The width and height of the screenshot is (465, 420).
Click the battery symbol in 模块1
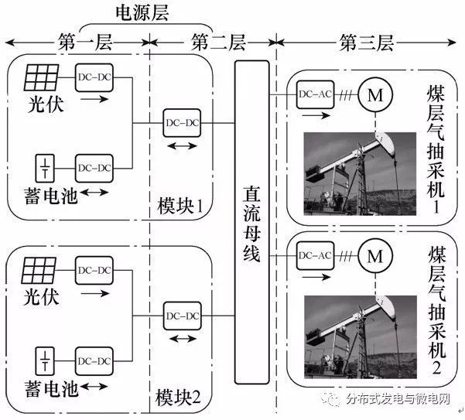click(46, 166)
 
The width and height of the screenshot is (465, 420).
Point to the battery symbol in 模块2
click(46, 360)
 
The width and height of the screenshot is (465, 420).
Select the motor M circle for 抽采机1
click(375, 94)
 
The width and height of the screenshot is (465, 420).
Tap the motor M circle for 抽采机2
click(375, 254)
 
